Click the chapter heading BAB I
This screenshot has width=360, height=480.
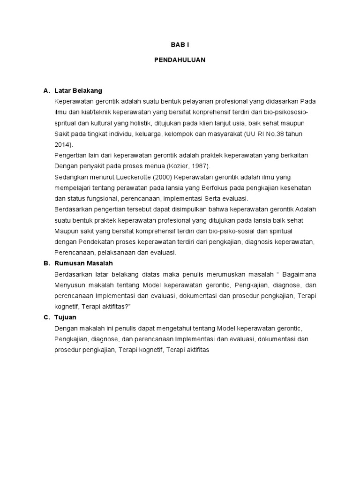[180, 45]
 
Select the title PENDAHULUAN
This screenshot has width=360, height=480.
[180, 60]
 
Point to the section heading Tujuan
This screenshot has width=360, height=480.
[65, 317]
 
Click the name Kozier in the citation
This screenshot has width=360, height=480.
[179, 166]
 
